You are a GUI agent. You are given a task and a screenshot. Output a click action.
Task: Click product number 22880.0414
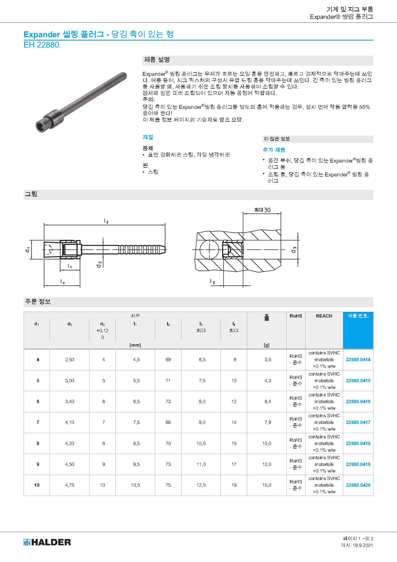(x=358, y=359)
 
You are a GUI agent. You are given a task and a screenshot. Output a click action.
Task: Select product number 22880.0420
(x=358, y=485)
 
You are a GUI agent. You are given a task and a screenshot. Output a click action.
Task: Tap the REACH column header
(x=324, y=316)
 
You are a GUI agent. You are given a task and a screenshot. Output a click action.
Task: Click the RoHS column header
(x=296, y=316)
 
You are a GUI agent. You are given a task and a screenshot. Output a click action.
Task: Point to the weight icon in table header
(x=267, y=318)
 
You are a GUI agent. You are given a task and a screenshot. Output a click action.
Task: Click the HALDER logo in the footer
(x=47, y=542)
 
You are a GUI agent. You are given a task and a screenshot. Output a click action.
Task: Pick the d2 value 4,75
(x=70, y=485)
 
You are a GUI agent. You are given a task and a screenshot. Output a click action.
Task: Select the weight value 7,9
(x=268, y=422)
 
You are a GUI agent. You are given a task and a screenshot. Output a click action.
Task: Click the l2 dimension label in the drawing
(x=106, y=221)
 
